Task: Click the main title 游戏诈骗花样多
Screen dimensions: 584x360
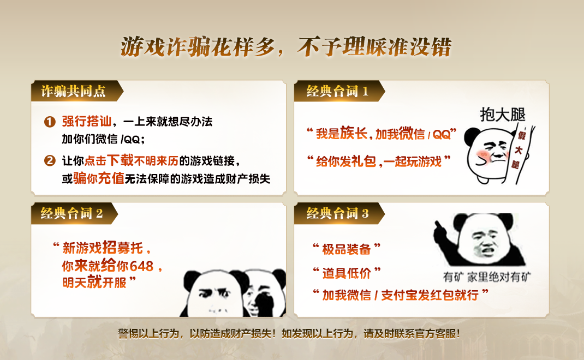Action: point(198,47)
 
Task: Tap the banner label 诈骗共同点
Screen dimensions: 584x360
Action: point(73,91)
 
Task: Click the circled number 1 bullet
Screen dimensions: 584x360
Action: point(50,122)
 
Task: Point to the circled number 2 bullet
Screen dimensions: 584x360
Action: point(50,160)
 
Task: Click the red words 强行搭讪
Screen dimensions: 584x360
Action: point(86,122)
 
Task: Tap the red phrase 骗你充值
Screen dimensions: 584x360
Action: point(98,178)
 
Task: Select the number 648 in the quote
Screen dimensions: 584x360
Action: point(141,267)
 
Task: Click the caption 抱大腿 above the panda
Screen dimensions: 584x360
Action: point(503,115)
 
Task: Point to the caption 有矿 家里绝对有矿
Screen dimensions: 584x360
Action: point(487,277)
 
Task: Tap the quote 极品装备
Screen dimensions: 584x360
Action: point(347,249)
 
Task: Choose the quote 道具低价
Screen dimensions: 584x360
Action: point(347,273)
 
